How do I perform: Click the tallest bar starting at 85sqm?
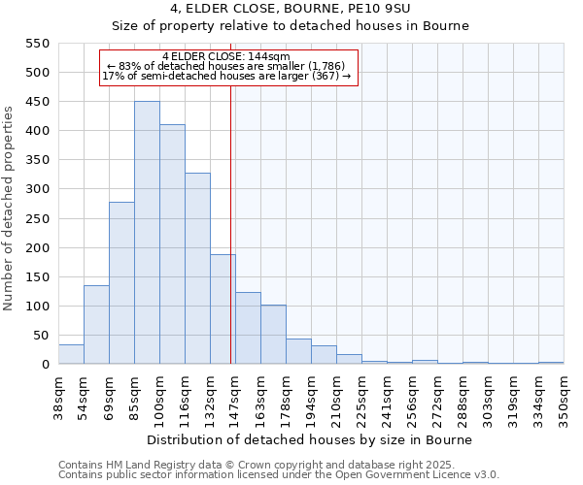coord(147,233)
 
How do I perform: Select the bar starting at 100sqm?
coord(172,244)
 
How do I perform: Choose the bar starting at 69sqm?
coord(121,283)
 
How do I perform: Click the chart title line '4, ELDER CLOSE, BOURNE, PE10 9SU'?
coord(291,9)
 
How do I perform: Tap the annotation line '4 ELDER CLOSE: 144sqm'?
coord(226,57)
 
